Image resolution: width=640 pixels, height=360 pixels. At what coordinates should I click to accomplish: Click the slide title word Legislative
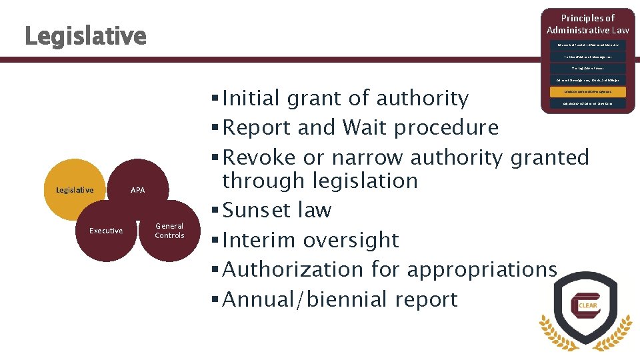click(85, 36)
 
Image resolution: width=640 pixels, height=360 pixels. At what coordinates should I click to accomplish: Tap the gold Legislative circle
click(75, 190)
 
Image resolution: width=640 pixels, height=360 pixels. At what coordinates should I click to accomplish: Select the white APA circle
click(137, 190)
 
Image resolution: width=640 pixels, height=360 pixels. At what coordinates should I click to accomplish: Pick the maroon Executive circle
click(106, 231)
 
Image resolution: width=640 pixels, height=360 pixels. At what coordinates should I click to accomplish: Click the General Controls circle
click(169, 231)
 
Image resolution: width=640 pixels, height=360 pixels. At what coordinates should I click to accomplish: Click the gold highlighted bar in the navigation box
click(587, 92)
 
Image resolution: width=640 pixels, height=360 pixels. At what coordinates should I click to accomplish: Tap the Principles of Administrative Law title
click(587, 24)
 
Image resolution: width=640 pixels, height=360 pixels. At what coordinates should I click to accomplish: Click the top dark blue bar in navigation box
click(587, 45)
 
